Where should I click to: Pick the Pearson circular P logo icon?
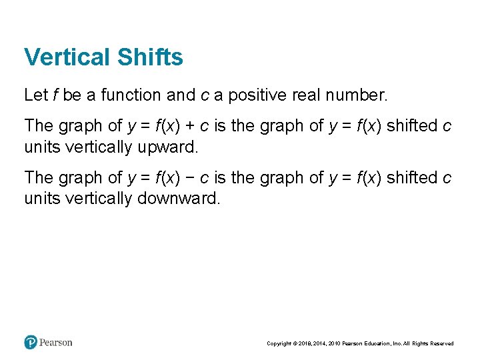31,343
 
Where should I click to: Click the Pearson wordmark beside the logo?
56,343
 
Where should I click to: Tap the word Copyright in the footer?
279,344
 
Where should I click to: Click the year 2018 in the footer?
306,344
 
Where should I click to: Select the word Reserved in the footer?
441,344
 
